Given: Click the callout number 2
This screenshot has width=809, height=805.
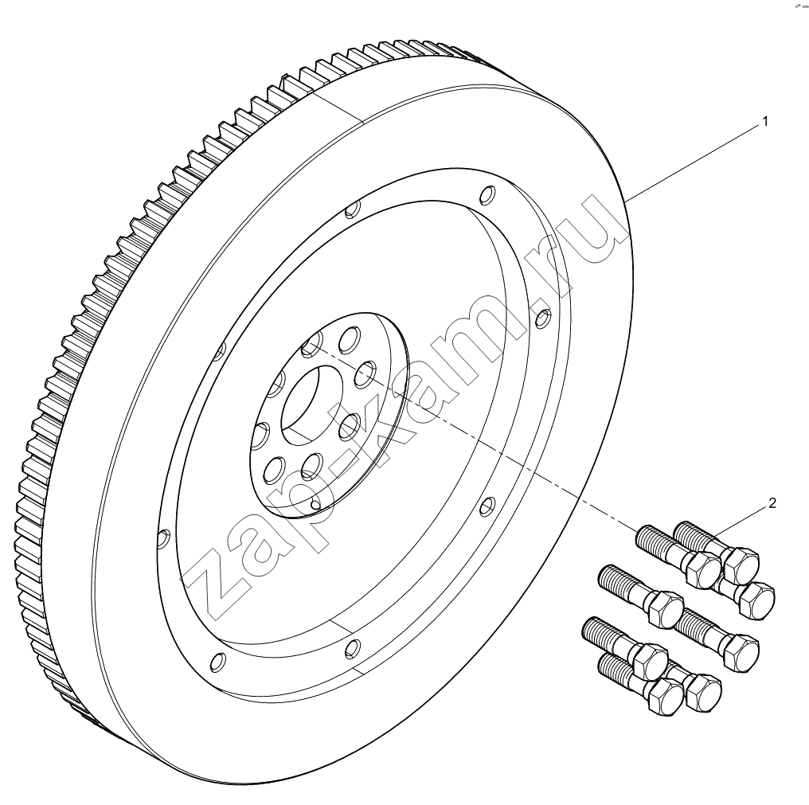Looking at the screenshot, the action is pyautogui.click(x=772, y=503).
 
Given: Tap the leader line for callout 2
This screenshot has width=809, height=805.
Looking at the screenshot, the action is pyautogui.click(x=738, y=522).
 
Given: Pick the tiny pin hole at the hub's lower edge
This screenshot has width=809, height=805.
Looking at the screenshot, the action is pyautogui.click(x=315, y=504).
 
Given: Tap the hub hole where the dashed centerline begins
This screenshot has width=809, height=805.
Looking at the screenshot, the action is pyautogui.click(x=311, y=344).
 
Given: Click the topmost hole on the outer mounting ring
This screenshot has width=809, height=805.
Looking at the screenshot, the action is pyautogui.click(x=487, y=195).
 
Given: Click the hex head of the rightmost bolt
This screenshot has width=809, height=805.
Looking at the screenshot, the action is pyautogui.click(x=756, y=600).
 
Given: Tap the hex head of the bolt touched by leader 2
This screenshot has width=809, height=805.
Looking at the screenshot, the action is pyautogui.click(x=741, y=564).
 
